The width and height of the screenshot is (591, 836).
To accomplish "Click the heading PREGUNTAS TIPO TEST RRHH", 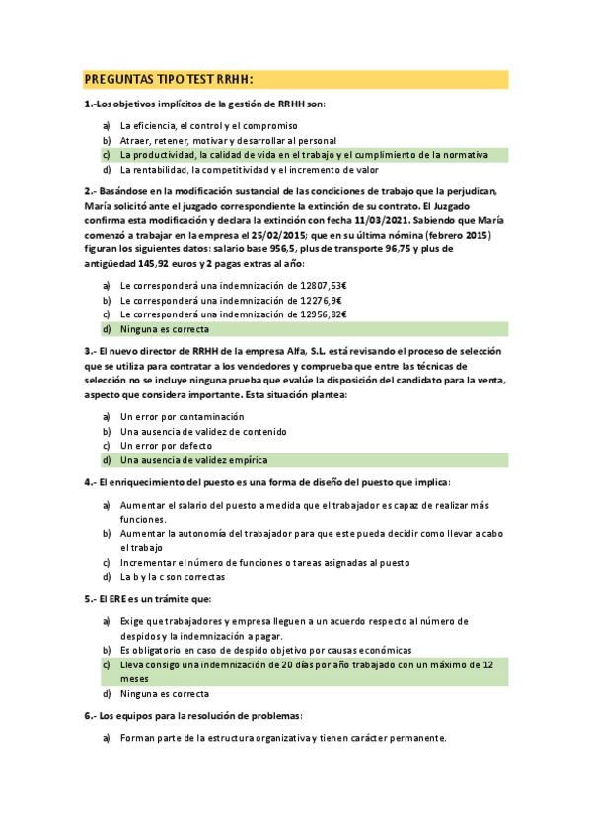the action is pos(169,80).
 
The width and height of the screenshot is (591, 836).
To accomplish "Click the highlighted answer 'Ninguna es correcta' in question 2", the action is pos(164,328).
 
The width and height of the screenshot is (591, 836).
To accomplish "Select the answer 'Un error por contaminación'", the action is pos(182,417).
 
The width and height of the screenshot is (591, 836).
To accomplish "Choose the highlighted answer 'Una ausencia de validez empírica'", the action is pos(193,460).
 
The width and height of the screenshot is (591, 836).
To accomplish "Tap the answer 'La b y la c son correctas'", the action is pos(173,577).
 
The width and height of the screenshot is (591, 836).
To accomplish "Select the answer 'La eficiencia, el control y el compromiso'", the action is pos(209,126).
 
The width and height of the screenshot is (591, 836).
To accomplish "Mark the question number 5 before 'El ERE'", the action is pos(90,598).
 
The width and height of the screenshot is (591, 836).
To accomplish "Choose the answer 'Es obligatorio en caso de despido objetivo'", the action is pos(265,651).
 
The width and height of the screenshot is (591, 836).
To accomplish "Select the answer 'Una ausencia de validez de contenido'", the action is pos(203,431).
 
